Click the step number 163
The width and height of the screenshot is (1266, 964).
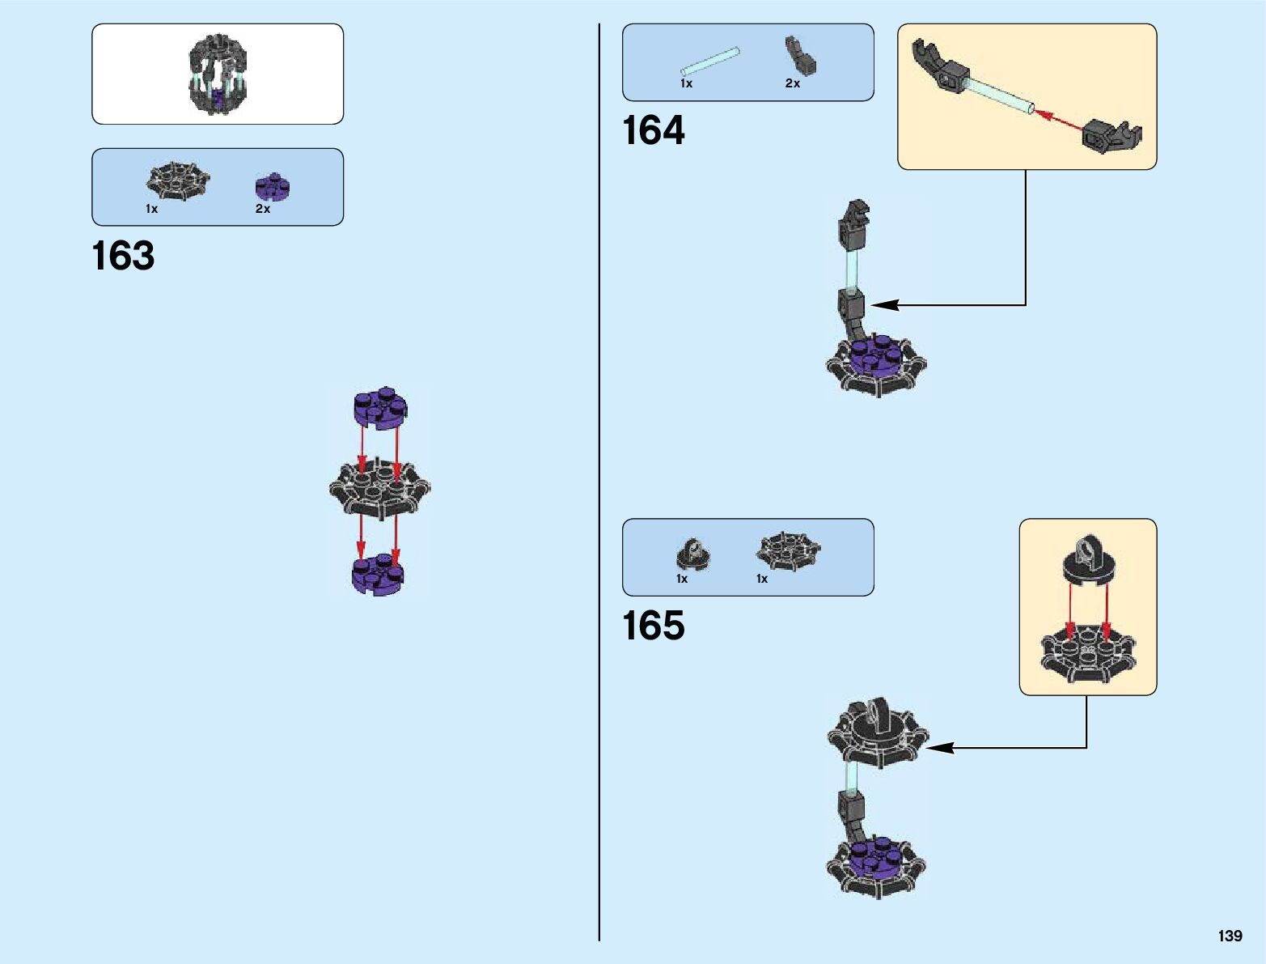[123, 256]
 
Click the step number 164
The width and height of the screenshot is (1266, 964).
[653, 130]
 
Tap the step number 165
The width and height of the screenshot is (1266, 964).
[653, 626]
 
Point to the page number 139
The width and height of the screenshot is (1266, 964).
[1229, 936]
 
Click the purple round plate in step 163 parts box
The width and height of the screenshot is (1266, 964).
[273, 187]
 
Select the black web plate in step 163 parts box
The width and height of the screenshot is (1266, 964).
[177, 180]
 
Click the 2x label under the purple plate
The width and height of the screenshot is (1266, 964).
[263, 209]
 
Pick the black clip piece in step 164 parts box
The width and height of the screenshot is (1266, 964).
[799, 56]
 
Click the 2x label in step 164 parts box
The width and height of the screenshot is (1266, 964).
[792, 83]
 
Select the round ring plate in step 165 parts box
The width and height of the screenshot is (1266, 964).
[692, 554]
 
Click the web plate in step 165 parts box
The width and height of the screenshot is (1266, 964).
[788, 550]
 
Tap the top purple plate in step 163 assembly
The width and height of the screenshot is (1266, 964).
[380, 407]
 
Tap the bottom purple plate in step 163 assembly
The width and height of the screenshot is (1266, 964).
[378, 574]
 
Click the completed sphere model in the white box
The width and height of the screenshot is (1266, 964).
[217, 74]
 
